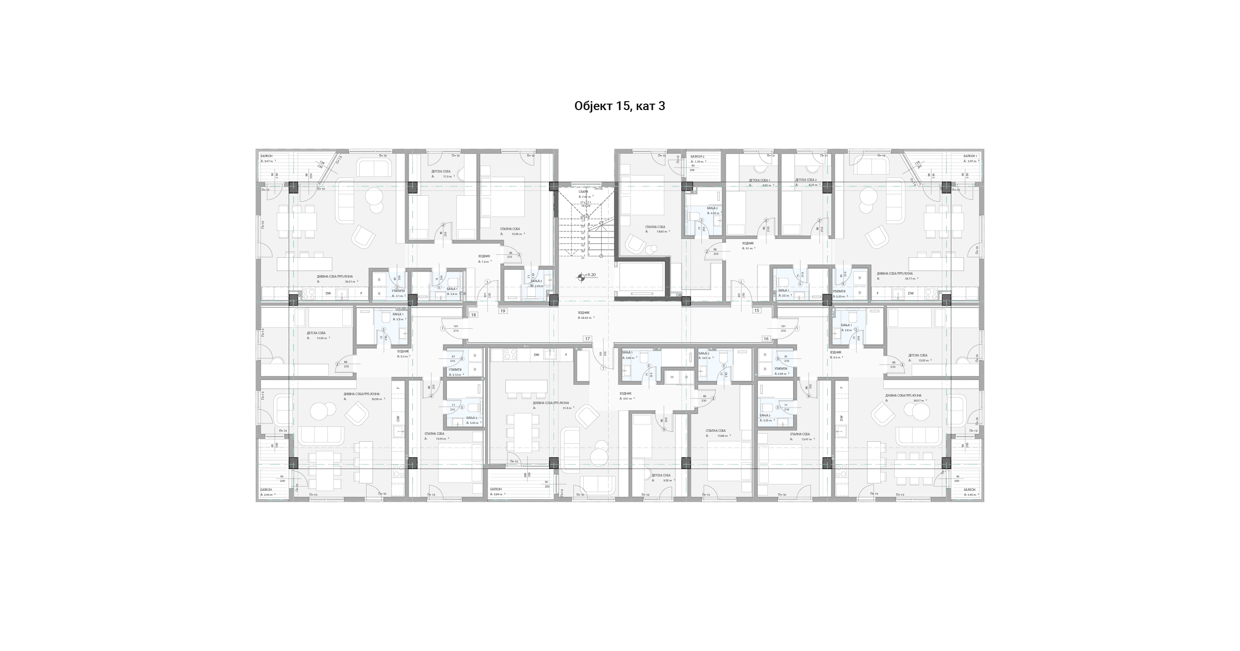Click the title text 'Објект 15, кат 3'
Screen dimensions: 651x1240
coord(620,106)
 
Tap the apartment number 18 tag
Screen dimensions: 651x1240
coord(473,315)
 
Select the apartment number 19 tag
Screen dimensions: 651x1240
coord(503,311)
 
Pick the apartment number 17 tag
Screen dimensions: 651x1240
coord(587,339)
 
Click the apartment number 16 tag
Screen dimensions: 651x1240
coord(766,339)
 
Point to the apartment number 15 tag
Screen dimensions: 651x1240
coord(756,310)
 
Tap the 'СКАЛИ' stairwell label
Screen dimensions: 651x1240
coord(583,191)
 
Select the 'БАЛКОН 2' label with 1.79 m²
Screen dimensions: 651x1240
coord(697,156)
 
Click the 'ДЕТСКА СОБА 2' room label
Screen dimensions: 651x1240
coord(806,180)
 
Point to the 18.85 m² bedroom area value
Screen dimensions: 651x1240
coord(661,231)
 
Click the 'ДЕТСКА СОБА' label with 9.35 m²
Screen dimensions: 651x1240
coord(661,475)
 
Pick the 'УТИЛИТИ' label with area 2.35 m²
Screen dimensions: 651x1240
coord(839,291)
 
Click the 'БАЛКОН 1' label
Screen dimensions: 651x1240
coord(970,156)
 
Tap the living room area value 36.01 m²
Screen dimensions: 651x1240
coord(351,281)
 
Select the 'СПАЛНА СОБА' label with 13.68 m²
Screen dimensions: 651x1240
coord(716,430)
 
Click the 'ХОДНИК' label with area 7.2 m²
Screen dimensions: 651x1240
coord(484,256)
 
